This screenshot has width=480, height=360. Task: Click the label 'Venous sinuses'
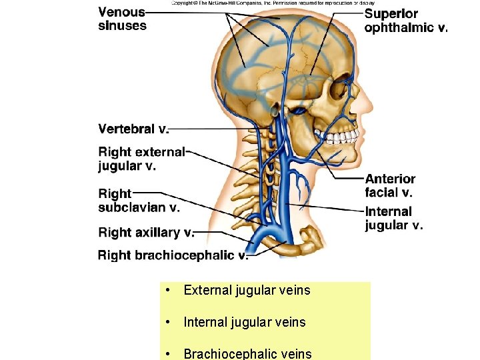pyautogui.click(x=122, y=19)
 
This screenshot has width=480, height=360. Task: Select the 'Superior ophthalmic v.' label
pyautogui.click(x=406, y=21)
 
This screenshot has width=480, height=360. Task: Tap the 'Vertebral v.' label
pyautogui.click(x=133, y=129)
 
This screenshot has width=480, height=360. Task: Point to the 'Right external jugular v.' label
pyautogui.click(x=141, y=159)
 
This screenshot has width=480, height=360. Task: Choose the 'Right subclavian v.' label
pyautogui.click(x=139, y=200)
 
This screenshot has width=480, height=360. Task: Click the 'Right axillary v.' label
pyautogui.click(x=146, y=232)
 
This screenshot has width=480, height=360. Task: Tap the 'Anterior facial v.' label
pyautogui.click(x=390, y=185)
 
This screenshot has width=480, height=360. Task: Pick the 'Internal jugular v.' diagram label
pyautogui.click(x=393, y=218)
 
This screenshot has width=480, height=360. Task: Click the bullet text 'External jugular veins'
pyautogui.click(x=247, y=291)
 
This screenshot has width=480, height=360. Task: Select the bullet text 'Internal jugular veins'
pyautogui.click(x=244, y=323)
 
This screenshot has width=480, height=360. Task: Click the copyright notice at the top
pyautogui.click(x=273, y=3)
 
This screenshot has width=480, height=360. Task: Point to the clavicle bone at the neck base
pyautogui.click(x=310, y=240)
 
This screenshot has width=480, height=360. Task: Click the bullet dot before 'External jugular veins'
pyautogui.click(x=171, y=291)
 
